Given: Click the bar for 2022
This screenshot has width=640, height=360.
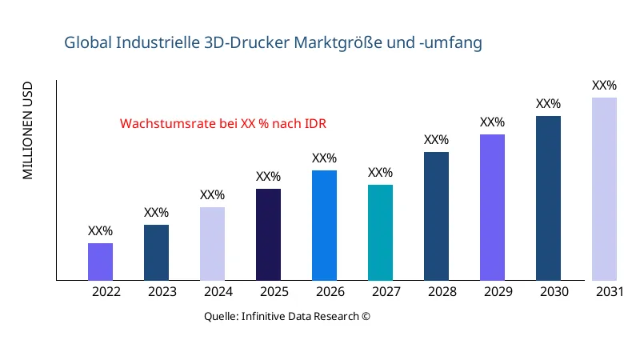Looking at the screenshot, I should pos(100,262).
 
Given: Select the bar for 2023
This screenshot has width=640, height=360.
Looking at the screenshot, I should pos(156,253).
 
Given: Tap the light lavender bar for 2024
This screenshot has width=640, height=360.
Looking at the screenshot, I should pos(212,244).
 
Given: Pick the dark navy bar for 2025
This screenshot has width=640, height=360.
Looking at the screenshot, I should pos(268,234).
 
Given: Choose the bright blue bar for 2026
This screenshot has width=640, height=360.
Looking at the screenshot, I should pos(324,226).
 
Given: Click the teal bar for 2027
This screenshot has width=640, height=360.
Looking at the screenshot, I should pos(380,233).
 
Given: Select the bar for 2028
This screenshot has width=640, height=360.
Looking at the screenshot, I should pos(436,216).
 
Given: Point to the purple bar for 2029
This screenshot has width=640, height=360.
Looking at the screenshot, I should pos(492,207).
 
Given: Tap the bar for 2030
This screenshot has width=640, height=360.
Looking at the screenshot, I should pos(548,198).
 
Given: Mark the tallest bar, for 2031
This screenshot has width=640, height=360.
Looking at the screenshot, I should pos(604,189).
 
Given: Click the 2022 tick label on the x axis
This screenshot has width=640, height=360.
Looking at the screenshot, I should pos(106,292).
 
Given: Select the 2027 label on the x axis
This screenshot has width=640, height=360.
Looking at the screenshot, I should pos(386,292).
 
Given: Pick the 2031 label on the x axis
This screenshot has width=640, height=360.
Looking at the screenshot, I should pos(610,292).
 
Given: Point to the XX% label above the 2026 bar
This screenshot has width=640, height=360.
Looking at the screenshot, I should pos(324,158).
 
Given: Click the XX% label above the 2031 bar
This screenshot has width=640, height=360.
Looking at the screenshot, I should pos(604,86).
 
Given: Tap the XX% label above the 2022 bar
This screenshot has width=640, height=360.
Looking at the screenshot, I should pos(100,231).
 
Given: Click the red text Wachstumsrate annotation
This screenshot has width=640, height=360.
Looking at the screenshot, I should pos(222,124).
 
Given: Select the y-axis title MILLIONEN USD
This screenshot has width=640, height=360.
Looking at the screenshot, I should pos(28,130).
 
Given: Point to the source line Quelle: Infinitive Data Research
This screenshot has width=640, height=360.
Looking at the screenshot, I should pos(287,316).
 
